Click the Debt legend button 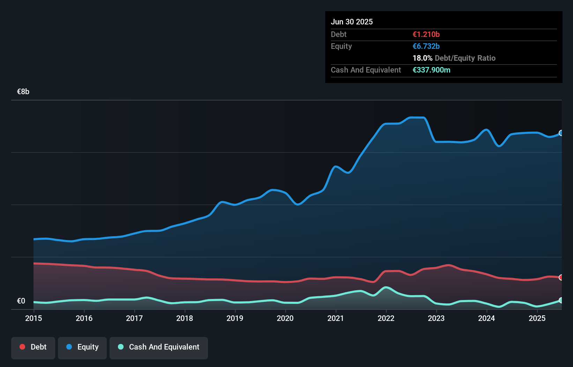pos(33,347)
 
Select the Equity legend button pos(82,347)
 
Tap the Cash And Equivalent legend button pos(159,347)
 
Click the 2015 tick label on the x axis pos(34,318)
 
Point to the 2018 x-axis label pos(185,318)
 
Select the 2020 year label pos(285,318)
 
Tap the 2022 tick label pos(386,318)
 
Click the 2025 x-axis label pos(537,318)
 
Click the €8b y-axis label pos(23,92)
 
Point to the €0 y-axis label pos(21,301)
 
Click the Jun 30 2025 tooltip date pos(352,22)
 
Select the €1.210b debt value pos(426,34)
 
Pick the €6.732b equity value pos(426,46)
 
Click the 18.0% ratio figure pos(422,58)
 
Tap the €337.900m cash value pos(431,70)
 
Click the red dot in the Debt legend pos(22,347)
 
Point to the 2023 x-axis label pos(436,318)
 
